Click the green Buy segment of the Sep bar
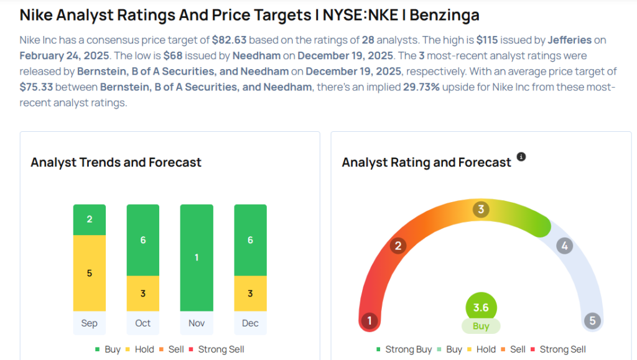(89, 219)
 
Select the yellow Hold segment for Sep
(89, 273)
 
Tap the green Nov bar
(197, 257)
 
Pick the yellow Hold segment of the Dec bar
(250, 293)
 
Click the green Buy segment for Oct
(143, 240)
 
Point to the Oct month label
(143, 323)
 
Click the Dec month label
(250, 323)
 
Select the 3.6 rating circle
(481, 307)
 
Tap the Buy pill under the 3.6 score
(481, 326)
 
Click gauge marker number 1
(370, 321)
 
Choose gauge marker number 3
(480, 210)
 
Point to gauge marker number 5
(592, 321)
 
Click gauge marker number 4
(564, 246)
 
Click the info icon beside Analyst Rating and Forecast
(521, 157)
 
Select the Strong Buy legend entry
(404, 349)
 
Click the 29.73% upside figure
(422, 86)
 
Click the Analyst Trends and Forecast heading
(116, 162)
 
